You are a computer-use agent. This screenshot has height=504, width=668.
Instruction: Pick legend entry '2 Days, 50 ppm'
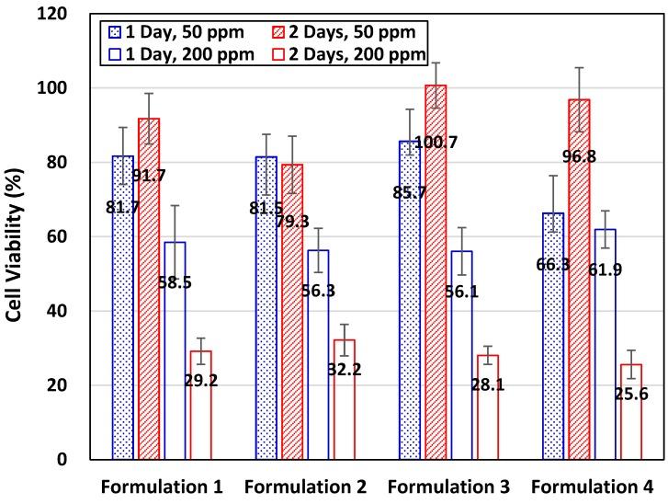click(357, 32)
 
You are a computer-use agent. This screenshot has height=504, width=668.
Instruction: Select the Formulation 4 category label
click(598, 486)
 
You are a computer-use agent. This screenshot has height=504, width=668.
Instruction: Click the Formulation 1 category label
click(166, 486)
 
